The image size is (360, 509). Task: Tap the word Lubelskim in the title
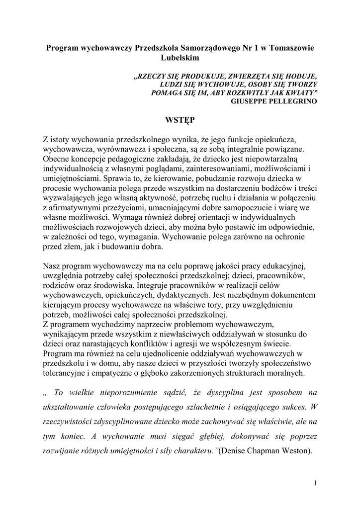point(180,58)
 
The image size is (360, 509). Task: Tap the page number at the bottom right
point(315,483)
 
